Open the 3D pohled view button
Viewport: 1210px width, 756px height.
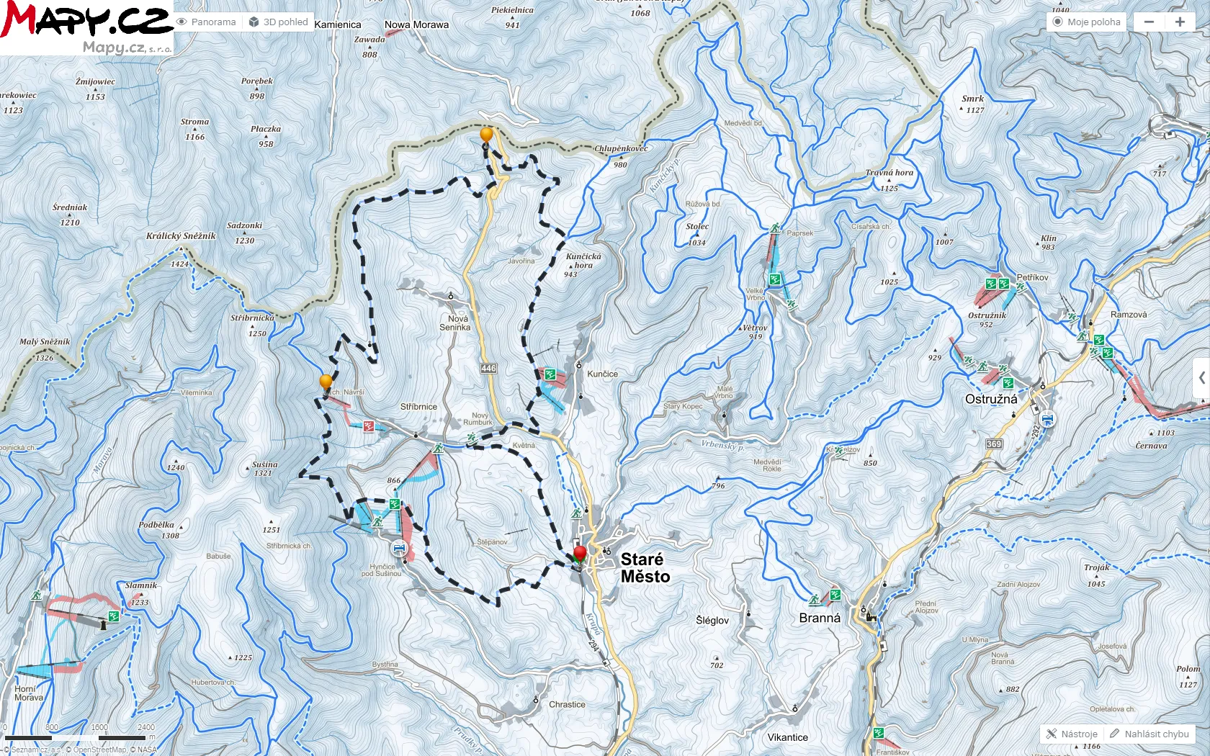(x=279, y=22)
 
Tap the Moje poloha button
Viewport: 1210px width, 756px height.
(x=1087, y=22)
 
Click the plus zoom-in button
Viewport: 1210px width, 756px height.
(x=1180, y=22)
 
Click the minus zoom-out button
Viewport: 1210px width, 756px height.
(x=1149, y=22)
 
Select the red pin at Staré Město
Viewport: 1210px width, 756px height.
(x=580, y=554)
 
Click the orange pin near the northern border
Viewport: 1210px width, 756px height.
(x=486, y=135)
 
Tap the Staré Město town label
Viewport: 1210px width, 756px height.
(x=645, y=568)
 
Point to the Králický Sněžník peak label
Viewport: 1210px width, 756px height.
(x=181, y=236)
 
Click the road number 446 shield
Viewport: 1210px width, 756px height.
(x=488, y=369)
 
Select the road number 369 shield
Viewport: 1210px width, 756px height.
(x=994, y=444)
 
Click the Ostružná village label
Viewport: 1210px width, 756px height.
(x=991, y=400)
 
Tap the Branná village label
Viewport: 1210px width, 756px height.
(x=820, y=618)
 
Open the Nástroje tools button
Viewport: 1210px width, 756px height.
(x=1072, y=734)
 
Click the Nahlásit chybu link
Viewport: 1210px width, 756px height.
(x=1149, y=734)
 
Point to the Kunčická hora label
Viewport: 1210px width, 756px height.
(x=583, y=261)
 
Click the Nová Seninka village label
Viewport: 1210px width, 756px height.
(x=455, y=323)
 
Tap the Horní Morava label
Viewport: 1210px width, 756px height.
(x=29, y=693)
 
